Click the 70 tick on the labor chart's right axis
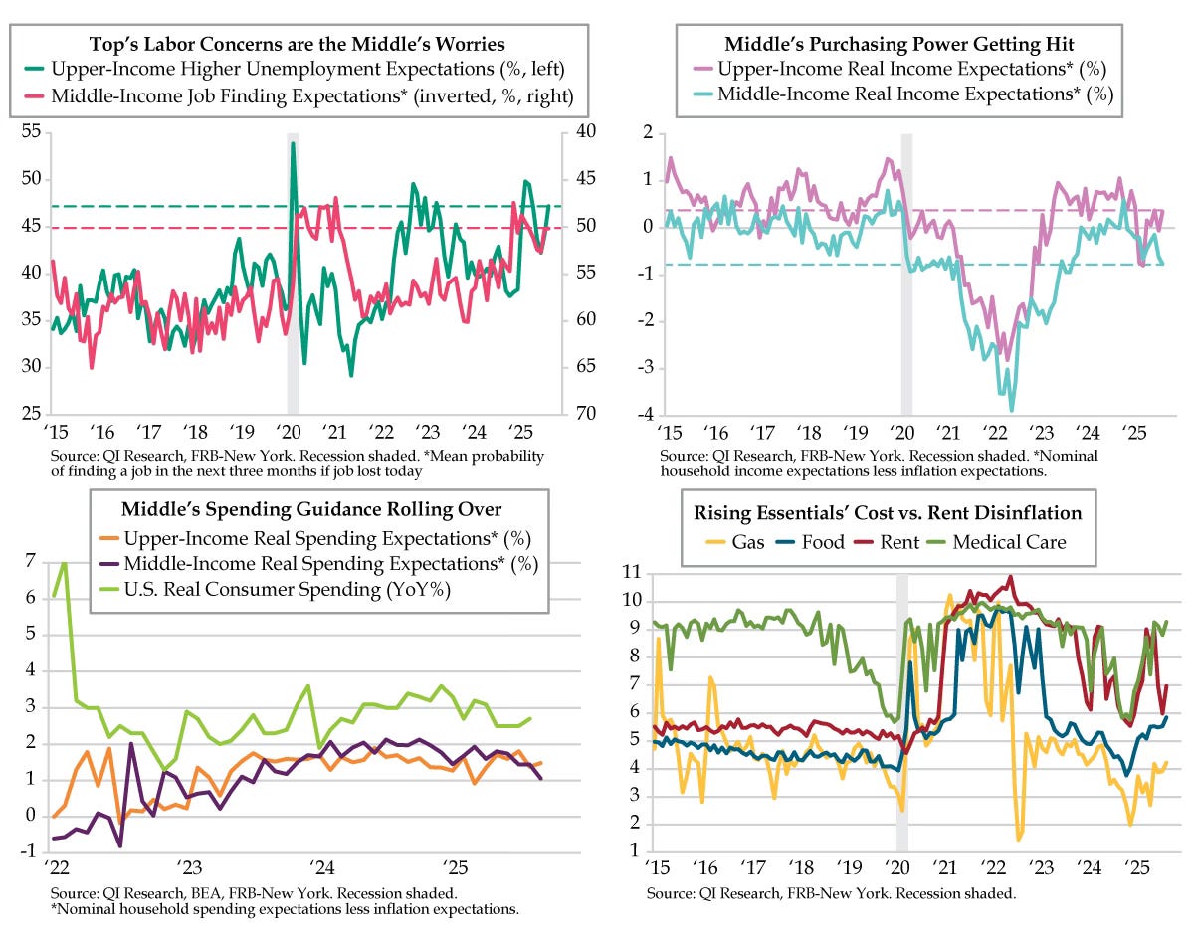(x=582, y=413)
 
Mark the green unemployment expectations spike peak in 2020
(x=293, y=143)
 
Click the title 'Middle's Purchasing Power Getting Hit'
(x=892, y=44)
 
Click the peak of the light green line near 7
(x=64, y=563)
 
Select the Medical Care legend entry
(x=1008, y=542)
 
